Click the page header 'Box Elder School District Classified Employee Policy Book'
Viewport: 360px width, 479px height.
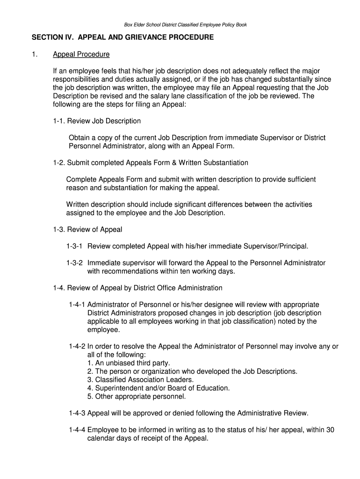pyautogui.click(x=182, y=25)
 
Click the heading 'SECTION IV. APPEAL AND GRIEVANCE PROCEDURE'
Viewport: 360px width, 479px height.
pyautogui.click(x=122, y=37)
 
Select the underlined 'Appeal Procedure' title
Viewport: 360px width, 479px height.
pyautogui.click(x=81, y=54)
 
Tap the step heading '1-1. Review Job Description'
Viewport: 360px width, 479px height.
pyautogui.click(x=97, y=121)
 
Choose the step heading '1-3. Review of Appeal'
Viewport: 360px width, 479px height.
pyautogui.click(x=87, y=229)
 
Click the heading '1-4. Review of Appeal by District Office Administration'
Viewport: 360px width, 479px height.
pyautogui.click(x=137, y=288)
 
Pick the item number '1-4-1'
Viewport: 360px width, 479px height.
pyautogui.click(x=77, y=305)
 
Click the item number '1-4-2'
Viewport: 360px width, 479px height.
pyautogui.click(x=77, y=346)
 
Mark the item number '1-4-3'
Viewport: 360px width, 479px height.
pyautogui.click(x=77, y=413)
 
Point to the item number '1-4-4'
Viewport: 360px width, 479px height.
pyautogui.click(x=77, y=430)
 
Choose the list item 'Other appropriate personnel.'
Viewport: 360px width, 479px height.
pyautogui.click(x=137, y=397)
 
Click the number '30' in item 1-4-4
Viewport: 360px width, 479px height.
pyautogui.click(x=330, y=430)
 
